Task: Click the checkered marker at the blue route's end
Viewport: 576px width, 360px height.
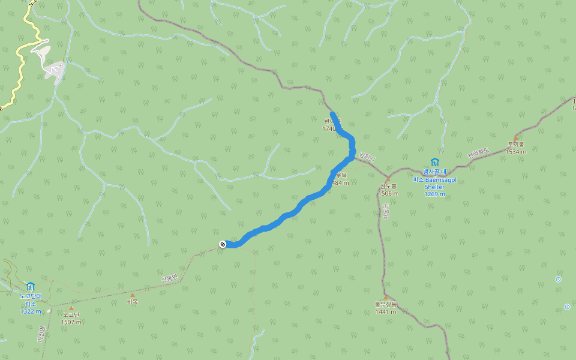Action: [x=223, y=244]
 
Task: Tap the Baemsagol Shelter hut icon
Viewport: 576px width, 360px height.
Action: [x=434, y=162]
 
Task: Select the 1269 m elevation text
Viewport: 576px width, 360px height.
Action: [x=434, y=194]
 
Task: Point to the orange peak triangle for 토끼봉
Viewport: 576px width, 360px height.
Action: [x=515, y=138]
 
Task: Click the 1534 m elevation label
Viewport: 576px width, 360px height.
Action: [x=515, y=152]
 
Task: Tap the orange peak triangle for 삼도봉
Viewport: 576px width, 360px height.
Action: [x=388, y=179]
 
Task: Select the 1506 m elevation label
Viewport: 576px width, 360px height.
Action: [x=388, y=194]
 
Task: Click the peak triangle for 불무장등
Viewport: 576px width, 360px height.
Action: [x=386, y=297]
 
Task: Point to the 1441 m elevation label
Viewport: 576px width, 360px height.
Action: [x=386, y=311]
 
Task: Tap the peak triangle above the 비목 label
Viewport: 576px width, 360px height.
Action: [x=132, y=295]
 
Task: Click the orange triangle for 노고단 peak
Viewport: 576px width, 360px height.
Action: [x=71, y=308]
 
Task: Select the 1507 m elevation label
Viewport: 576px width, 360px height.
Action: [x=71, y=322]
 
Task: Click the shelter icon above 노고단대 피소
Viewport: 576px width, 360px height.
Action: [x=30, y=286]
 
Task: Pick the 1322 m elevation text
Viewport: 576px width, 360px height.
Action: [x=31, y=311]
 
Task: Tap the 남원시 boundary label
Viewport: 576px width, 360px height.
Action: [x=367, y=157]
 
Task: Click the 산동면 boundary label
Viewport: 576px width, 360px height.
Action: [x=170, y=278]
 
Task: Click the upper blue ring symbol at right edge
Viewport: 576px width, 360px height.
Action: [x=559, y=279]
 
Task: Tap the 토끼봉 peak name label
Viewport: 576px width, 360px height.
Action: [x=515, y=145]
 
